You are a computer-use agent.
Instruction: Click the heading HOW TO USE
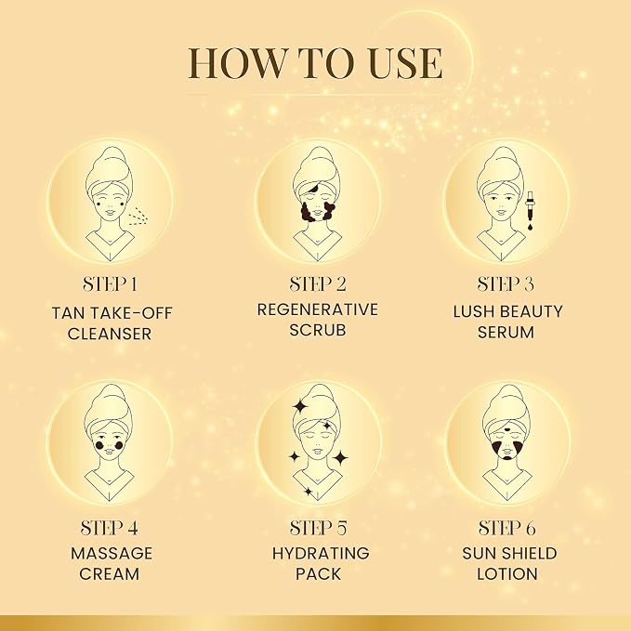tap(316, 63)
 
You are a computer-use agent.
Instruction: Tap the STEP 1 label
tap(110, 284)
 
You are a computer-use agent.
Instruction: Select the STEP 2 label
tap(318, 284)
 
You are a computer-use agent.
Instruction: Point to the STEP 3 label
tap(506, 284)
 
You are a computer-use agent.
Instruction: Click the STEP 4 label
tap(110, 528)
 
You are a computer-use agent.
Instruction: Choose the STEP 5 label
tap(318, 528)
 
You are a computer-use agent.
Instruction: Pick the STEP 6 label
tap(506, 528)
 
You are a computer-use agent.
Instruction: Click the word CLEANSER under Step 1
tap(110, 334)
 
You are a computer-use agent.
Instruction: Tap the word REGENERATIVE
tap(318, 309)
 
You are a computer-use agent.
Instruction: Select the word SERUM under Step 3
tap(506, 333)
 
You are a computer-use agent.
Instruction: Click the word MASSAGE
tap(112, 553)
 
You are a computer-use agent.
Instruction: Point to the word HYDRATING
tap(321, 553)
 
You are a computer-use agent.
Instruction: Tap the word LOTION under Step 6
tap(507, 574)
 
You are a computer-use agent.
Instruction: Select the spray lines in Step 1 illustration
tap(138, 217)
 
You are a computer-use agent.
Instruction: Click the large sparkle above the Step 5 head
tap(300, 405)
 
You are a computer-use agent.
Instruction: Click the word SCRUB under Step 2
tap(318, 330)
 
